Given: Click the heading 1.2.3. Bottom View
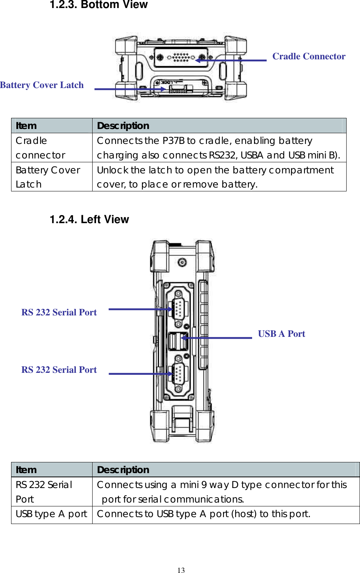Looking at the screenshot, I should (x=99, y=5).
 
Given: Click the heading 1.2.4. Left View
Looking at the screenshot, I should (x=89, y=219).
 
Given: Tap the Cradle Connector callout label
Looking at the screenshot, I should (x=309, y=56).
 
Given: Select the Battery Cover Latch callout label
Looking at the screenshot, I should (x=42, y=85).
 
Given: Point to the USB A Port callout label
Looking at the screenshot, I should (x=281, y=334).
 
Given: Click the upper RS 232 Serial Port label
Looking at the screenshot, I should (x=59, y=312).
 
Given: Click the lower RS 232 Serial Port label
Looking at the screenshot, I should (x=59, y=370).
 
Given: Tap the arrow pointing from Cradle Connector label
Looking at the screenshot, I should (x=231, y=60).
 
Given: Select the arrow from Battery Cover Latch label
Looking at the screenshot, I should (x=130, y=89).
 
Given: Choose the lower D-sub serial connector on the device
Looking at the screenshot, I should (x=178, y=373).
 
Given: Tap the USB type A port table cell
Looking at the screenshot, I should (x=52, y=514).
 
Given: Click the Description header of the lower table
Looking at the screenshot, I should (x=123, y=470).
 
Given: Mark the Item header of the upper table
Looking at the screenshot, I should (x=26, y=126).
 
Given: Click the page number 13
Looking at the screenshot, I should (x=181, y=570).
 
